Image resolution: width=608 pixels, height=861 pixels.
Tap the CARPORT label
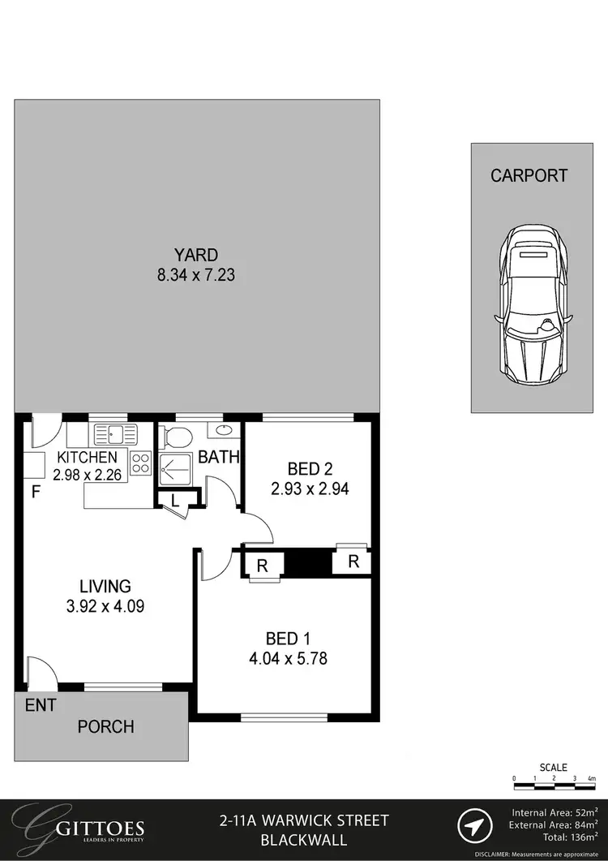[x=529, y=175]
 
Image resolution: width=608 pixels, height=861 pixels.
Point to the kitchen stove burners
[x=140, y=463]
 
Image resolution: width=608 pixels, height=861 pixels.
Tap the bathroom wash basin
[x=225, y=431]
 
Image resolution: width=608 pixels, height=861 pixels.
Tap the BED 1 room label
[x=287, y=638]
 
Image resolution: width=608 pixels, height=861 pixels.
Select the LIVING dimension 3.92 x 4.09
[x=105, y=605]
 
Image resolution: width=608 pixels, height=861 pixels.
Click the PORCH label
[x=105, y=726]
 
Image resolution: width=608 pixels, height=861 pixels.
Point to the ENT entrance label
[x=40, y=705]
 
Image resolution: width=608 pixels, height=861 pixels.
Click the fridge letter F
[x=36, y=492]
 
